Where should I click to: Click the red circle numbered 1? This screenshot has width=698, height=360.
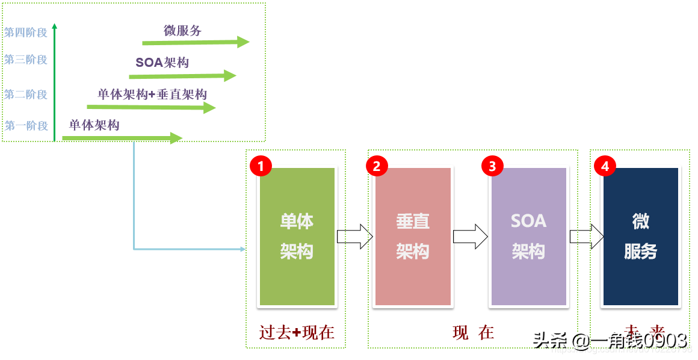[x=261, y=166]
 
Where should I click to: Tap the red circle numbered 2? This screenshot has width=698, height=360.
[x=377, y=166]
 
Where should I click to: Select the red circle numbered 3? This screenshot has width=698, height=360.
[x=492, y=166]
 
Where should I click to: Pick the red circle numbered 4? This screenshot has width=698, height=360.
[x=605, y=166]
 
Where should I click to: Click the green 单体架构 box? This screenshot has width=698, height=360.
[x=297, y=237]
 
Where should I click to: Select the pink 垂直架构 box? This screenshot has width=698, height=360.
[x=413, y=237]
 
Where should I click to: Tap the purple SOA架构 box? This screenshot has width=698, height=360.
[x=528, y=237]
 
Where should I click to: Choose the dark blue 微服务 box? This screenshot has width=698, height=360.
[x=641, y=237]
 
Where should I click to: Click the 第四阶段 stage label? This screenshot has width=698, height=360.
[x=26, y=33]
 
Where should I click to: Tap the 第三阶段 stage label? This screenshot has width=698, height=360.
[x=26, y=60]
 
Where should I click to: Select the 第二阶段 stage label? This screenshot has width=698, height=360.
[x=26, y=95]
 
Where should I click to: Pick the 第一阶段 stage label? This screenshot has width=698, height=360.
[x=26, y=126]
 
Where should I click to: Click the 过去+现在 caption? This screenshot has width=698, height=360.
[x=297, y=332]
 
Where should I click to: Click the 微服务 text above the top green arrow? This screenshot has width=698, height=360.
[x=182, y=31]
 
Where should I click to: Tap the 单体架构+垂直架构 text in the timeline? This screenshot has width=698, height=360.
[x=152, y=95]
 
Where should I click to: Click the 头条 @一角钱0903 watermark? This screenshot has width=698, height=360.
[x=610, y=341]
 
